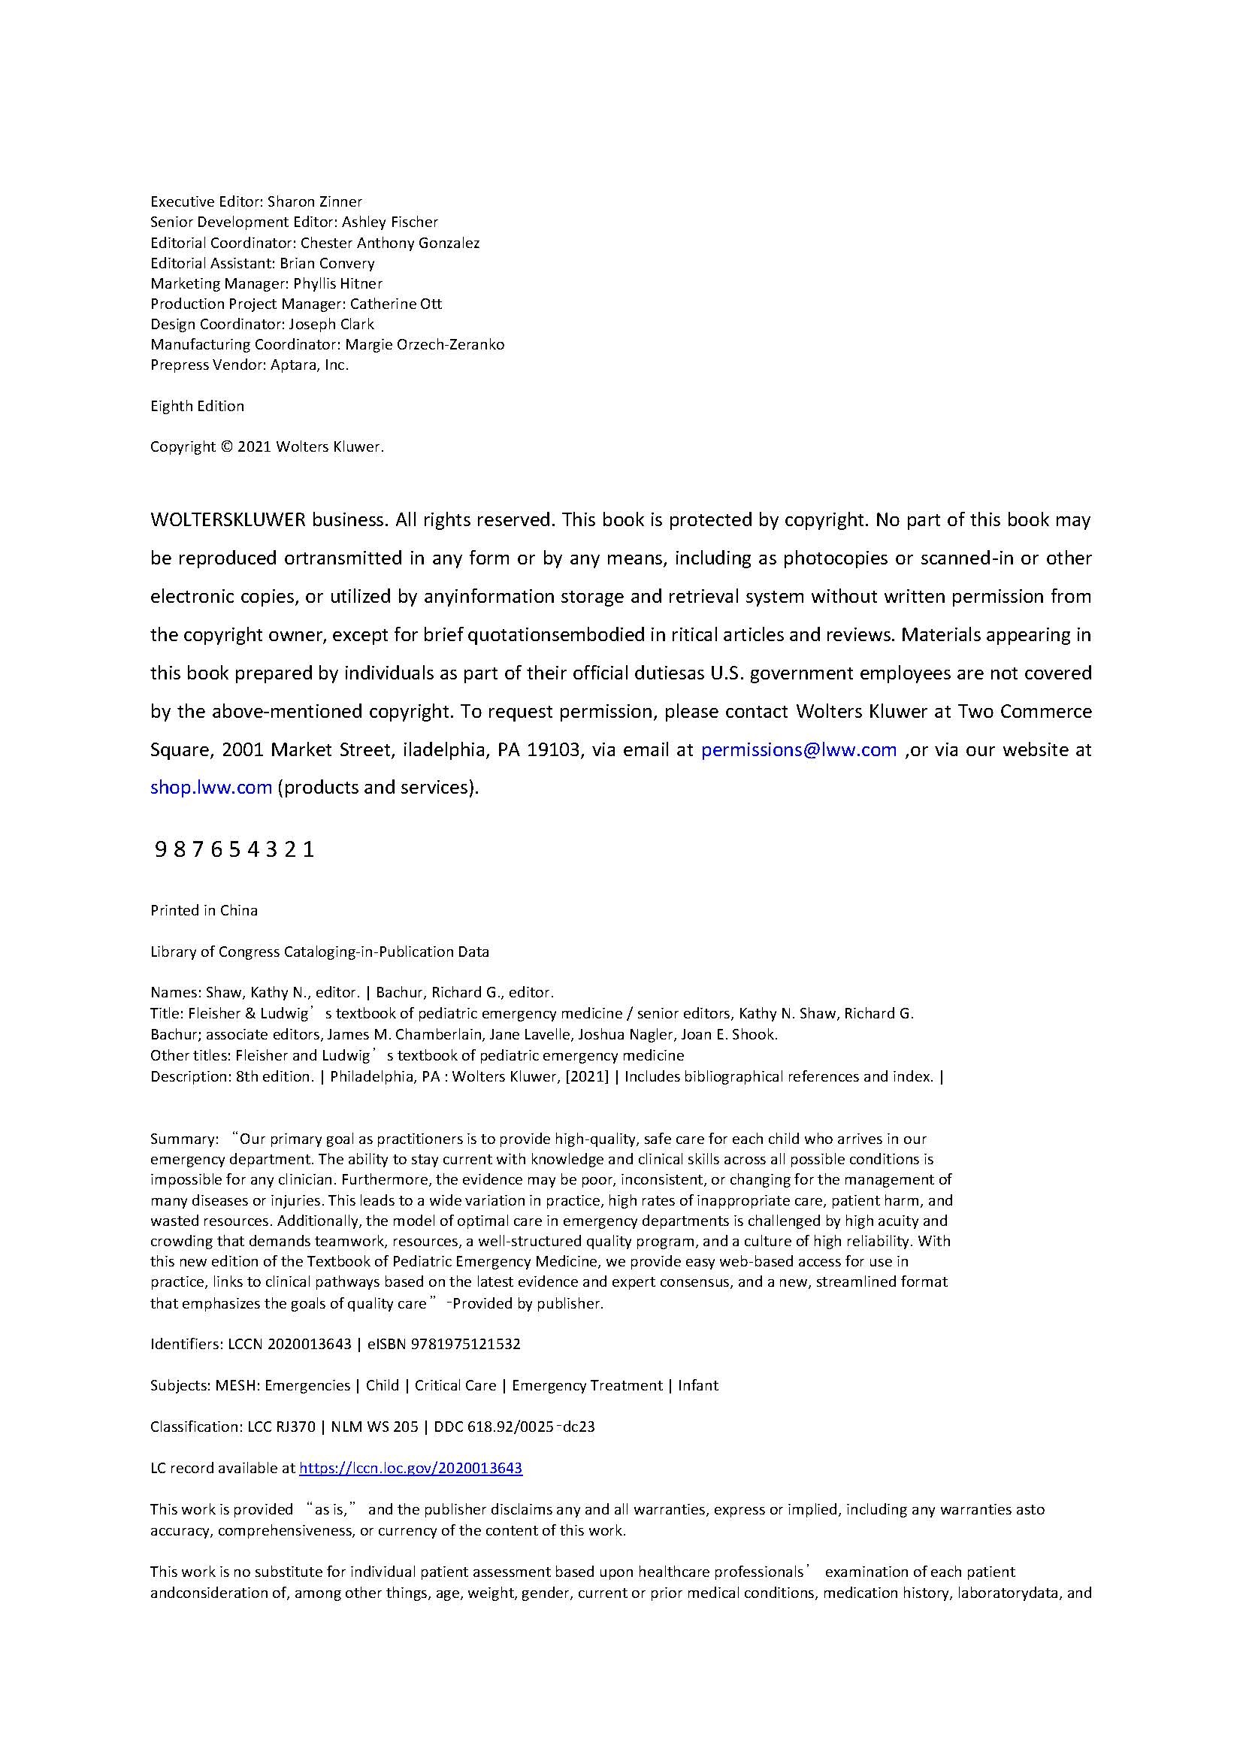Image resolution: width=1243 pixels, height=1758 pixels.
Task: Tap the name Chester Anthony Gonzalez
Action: coord(390,244)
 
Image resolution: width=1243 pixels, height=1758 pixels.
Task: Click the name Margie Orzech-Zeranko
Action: coord(425,344)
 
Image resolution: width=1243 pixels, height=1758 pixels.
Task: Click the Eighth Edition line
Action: coord(198,407)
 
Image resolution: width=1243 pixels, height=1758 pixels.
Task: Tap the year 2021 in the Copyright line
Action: coord(254,447)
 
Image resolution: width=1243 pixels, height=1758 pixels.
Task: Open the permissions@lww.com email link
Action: coord(798,750)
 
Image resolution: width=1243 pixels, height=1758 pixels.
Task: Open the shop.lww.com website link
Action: coord(210,788)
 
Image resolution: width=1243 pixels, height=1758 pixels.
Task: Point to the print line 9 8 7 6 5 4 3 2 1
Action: coord(234,850)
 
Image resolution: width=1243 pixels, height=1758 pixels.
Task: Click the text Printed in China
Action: coord(204,911)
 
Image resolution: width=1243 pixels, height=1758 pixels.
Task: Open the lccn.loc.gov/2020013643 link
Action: coord(410,1468)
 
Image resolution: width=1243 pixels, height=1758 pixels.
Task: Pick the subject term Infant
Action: coord(698,1385)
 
